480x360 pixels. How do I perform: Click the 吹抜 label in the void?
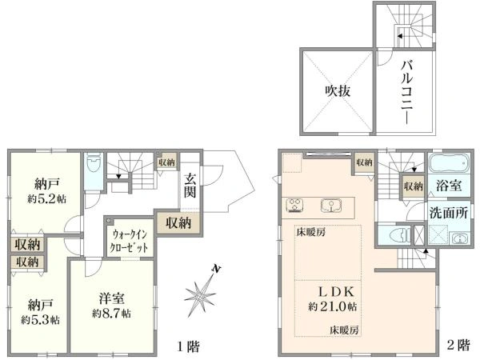point(338,91)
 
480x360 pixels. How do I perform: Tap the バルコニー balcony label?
point(407,92)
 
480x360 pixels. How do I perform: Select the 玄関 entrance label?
point(190,185)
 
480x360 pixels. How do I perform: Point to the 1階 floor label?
point(189,346)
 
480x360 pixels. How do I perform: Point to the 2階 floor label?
point(458,346)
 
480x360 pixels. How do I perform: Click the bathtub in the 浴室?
point(449,163)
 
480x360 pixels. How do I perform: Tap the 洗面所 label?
point(449,213)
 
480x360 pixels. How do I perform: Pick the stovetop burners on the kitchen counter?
point(294,206)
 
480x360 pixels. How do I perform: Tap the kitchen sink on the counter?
point(331,206)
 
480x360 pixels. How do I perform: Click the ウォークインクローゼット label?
point(129,241)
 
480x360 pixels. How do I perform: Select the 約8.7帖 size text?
point(112,314)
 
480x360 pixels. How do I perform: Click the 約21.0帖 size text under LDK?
point(333,306)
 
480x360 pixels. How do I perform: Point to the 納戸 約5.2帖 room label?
point(46,192)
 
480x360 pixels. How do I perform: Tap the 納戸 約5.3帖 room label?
point(40,312)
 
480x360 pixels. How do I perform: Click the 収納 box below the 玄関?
point(178,223)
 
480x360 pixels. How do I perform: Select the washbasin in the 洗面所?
point(458,238)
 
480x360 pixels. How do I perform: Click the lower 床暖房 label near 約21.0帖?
point(344,330)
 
